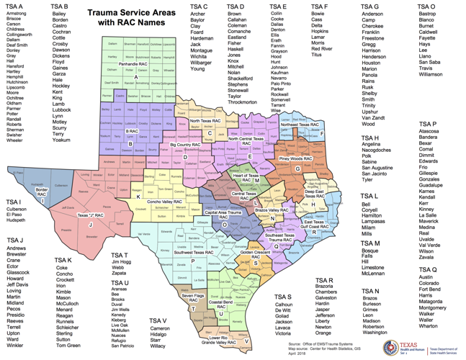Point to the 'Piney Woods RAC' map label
pos(295,158)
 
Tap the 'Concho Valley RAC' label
pos(163,202)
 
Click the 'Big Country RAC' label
pos(184,145)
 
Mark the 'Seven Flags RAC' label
pos(194,296)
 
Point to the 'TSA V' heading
pos(158,320)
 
